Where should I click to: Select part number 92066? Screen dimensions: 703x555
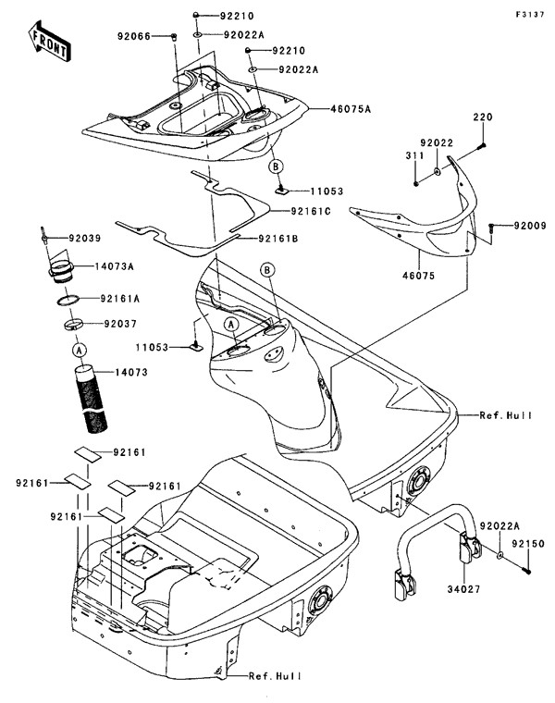135,36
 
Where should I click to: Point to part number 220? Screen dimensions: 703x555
483,117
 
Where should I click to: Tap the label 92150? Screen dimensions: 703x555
529,547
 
